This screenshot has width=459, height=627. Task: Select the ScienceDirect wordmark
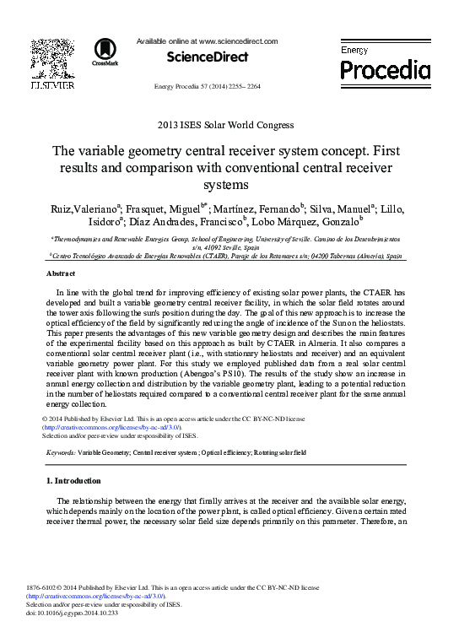(208, 57)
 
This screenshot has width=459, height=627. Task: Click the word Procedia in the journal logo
(385, 69)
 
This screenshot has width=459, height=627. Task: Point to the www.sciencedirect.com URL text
(239, 41)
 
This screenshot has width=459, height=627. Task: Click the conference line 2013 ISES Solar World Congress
(225, 125)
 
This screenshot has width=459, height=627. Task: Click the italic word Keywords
(60, 453)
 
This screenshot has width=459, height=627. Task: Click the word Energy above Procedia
(354, 50)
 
